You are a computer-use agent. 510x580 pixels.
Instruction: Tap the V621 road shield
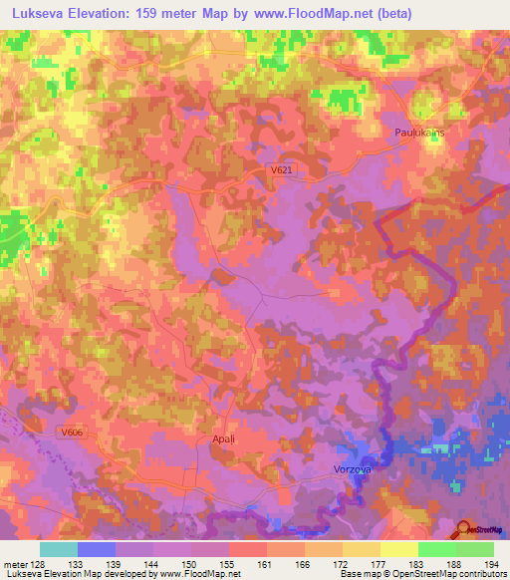point(282,170)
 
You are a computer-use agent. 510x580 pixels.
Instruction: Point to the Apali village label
point(223,437)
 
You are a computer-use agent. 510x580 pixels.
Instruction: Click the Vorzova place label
point(352,468)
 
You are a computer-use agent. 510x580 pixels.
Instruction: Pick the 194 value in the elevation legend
point(492,564)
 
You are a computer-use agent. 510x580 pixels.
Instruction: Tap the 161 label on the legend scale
point(266,564)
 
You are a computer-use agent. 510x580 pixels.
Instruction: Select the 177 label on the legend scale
point(379,564)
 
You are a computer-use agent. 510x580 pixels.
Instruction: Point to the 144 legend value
point(152,564)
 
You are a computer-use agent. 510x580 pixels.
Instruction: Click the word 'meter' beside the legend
point(15,564)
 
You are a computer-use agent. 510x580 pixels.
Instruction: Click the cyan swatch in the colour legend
point(59,549)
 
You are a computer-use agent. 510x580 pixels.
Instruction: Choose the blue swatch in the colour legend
point(97,549)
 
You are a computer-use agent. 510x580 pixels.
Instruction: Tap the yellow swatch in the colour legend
point(398,549)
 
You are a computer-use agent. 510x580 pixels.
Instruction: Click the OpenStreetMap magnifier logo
point(463,529)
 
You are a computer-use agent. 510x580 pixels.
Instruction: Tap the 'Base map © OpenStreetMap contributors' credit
point(423,574)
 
